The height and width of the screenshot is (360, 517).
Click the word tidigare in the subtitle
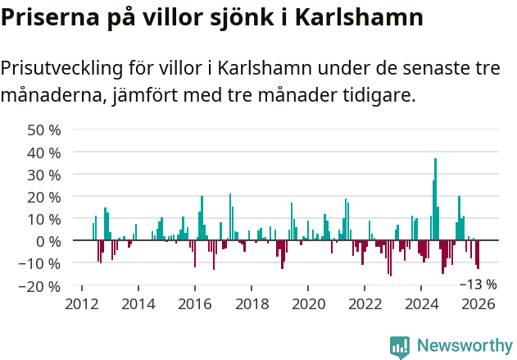click(377, 96)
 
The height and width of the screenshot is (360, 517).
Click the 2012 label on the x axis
click(81, 304)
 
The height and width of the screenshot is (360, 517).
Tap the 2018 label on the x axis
click(252, 304)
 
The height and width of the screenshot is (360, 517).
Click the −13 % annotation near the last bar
click(477, 285)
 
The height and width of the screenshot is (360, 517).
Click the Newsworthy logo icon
click(400, 347)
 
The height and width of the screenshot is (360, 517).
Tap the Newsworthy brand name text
click(464, 347)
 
